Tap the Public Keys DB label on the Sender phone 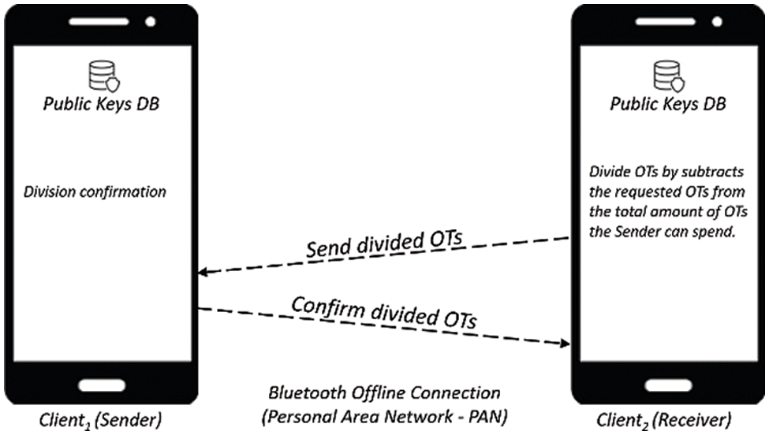click(x=101, y=105)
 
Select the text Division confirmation click(x=95, y=191)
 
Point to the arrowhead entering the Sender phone click(x=203, y=272)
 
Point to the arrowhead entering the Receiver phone click(x=566, y=343)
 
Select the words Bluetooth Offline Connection click(x=385, y=392)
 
